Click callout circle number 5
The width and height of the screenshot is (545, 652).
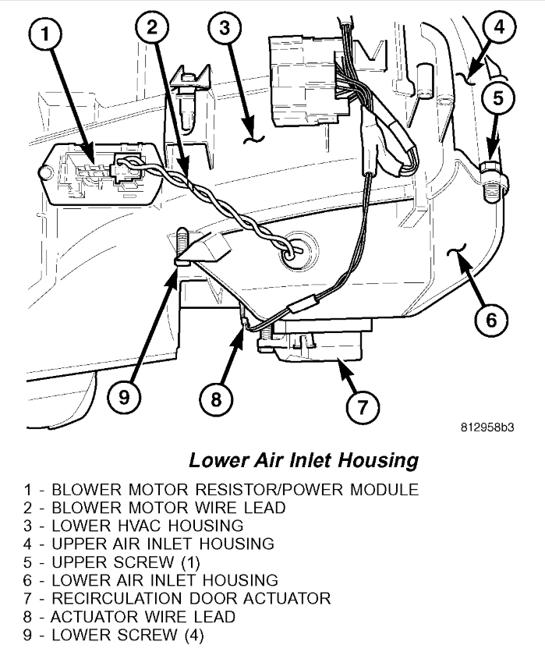click(496, 97)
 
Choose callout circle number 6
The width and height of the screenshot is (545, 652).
click(489, 318)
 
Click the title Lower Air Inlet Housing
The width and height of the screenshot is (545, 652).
click(303, 460)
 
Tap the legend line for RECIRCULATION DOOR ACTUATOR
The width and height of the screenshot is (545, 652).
click(178, 597)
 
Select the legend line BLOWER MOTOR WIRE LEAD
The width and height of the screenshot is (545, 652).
click(155, 508)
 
